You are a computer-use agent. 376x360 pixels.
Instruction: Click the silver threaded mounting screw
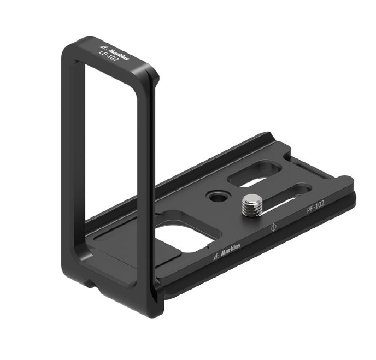click(252, 205)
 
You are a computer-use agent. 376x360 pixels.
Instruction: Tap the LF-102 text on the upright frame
click(109, 56)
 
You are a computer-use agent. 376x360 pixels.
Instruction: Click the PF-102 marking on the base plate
click(315, 206)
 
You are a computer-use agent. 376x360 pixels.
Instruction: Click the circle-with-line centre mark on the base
click(273, 227)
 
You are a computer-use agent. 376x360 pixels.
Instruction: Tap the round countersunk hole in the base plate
click(217, 197)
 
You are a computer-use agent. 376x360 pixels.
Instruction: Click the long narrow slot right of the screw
click(285, 197)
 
